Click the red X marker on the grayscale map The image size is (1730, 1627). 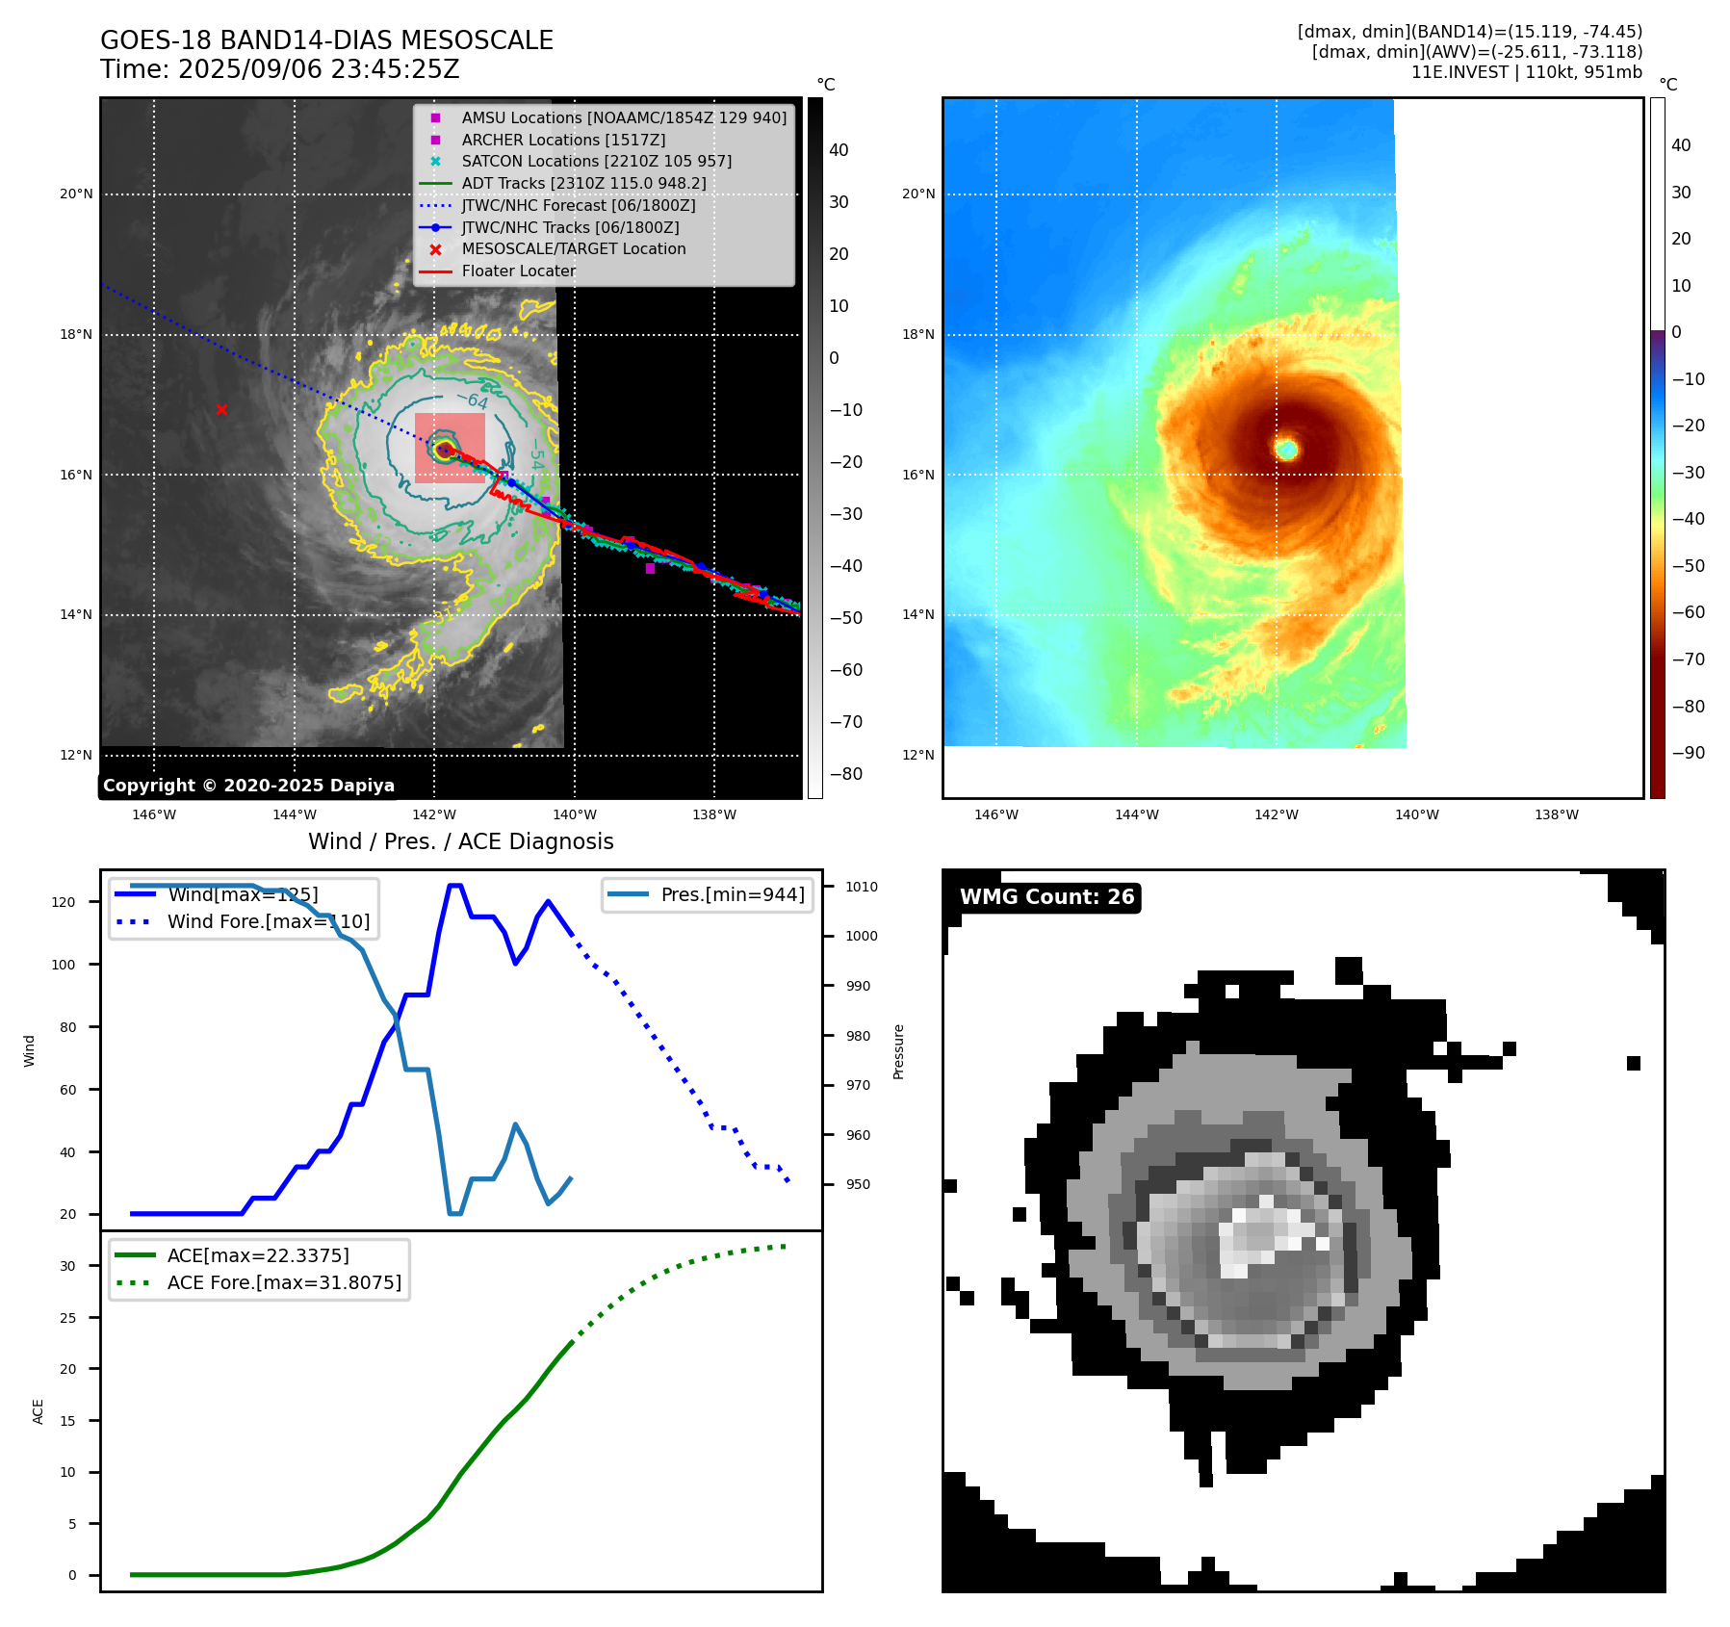tap(221, 409)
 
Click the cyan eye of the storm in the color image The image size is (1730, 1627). tap(1286, 449)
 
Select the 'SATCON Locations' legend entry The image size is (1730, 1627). tap(596, 162)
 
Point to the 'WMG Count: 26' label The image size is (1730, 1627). tap(1046, 897)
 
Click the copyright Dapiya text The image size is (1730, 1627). tap(248, 786)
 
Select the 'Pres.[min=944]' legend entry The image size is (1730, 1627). tap(732, 894)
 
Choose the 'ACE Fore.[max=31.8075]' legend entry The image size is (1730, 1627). tap(284, 1282)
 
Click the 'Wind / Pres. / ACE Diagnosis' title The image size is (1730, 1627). tap(460, 841)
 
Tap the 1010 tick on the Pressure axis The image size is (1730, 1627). tap(862, 887)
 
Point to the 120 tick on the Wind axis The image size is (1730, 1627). tap(64, 902)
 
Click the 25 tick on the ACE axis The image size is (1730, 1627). tap(67, 1318)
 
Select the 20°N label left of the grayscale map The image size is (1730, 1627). tap(77, 194)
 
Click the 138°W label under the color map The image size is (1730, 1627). tap(1557, 814)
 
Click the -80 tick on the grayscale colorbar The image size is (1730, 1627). tap(846, 774)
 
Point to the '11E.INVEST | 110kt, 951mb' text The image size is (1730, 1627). tap(1526, 72)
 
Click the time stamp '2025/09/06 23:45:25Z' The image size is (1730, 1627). tap(319, 70)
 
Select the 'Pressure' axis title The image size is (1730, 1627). tap(898, 1051)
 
